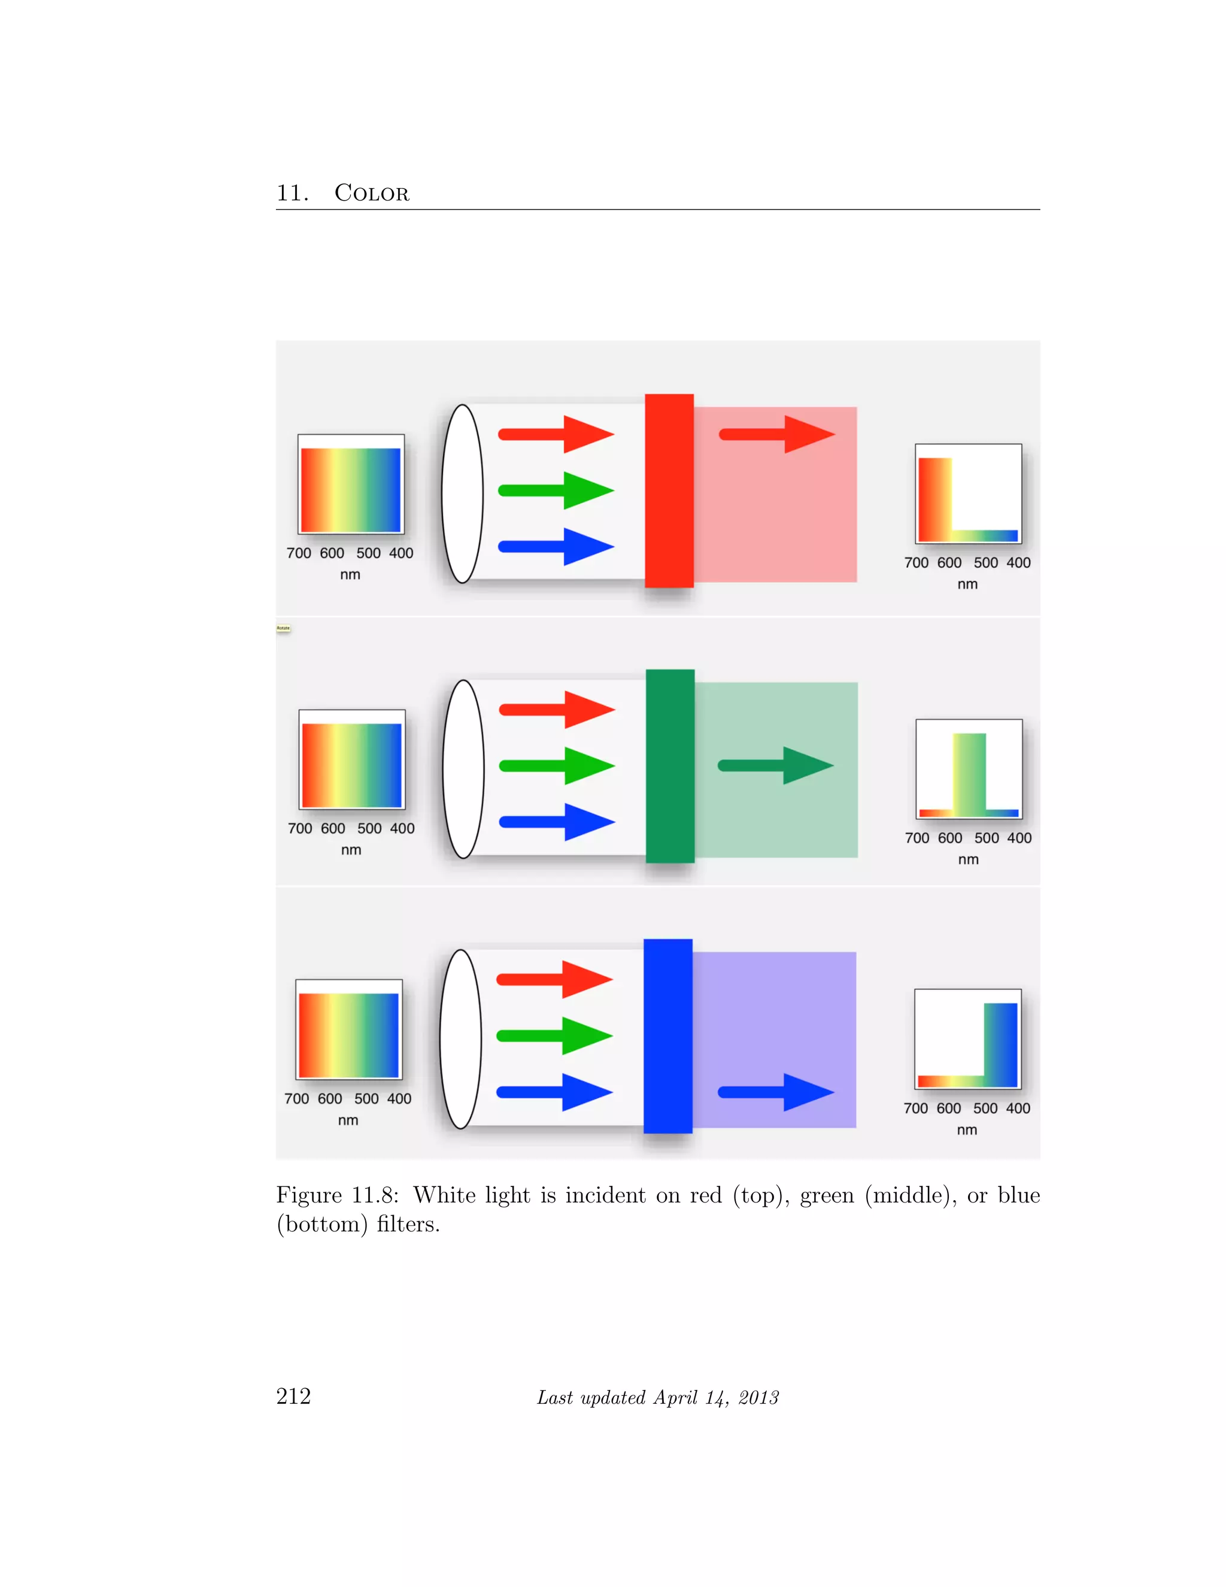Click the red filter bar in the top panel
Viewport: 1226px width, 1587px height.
[669, 490]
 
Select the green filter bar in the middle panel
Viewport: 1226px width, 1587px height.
[670, 766]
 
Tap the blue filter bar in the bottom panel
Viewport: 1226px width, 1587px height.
[667, 1035]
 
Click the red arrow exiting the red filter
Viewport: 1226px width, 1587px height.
[776, 435]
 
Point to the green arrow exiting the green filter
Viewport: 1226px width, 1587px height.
[775, 765]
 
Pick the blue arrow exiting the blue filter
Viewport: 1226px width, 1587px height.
[775, 1092]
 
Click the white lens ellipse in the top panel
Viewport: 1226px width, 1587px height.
[463, 493]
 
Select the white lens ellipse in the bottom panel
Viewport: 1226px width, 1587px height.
[460, 1039]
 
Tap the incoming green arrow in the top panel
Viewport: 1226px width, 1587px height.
[556, 490]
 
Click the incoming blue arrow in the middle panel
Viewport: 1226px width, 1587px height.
[557, 822]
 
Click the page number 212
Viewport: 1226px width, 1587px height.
[293, 1396]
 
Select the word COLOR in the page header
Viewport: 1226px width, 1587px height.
[371, 193]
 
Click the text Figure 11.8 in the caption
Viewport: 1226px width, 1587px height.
[337, 1195]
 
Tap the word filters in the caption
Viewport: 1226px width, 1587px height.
[408, 1225]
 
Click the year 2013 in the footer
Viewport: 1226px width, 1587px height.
[758, 1397]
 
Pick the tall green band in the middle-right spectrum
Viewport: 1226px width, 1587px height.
[969, 773]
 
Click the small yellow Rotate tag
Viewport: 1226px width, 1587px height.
[283, 628]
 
